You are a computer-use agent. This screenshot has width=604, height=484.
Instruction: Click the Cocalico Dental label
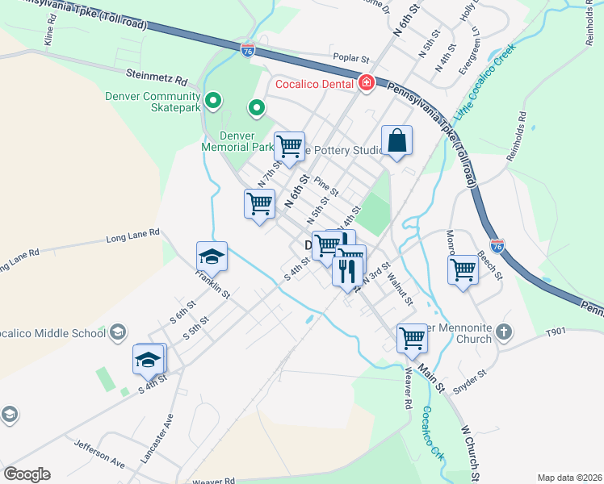(x=315, y=83)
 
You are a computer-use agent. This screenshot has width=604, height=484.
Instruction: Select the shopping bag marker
(x=396, y=141)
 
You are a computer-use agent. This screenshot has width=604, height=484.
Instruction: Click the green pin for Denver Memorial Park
(x=257, y=106)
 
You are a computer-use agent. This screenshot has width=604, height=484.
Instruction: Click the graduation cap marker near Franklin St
(x=212, y=257)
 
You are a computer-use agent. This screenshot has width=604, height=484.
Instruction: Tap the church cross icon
(x=504, y=332)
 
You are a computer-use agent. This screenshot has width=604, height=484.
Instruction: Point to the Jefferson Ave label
(x=99, y=455)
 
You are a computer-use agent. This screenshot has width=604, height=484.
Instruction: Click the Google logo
(x=27, y=474)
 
